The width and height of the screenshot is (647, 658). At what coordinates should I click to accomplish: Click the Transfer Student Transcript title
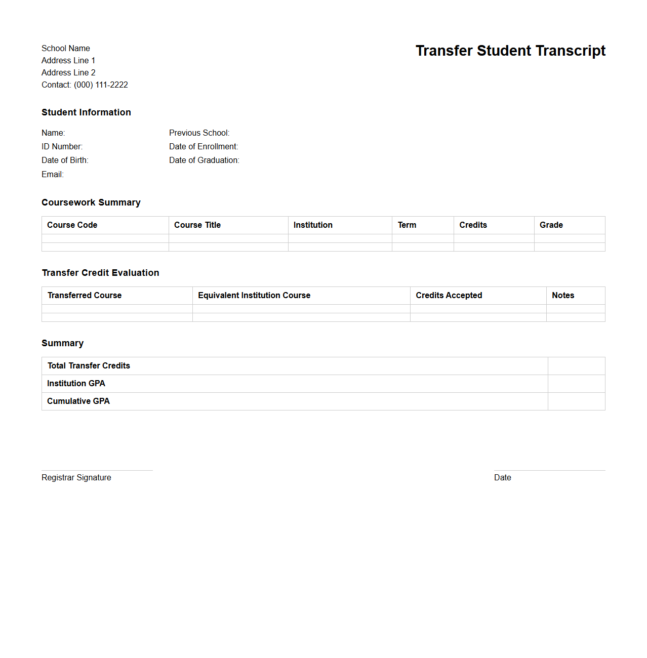[510, 51]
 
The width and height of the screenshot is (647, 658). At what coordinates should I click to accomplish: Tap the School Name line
[66, 49]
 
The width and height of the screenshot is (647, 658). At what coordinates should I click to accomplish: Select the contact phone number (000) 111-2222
[101, 85]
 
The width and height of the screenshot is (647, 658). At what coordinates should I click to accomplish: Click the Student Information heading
[86, 112]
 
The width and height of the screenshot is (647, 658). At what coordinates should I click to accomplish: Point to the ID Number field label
[62, 147]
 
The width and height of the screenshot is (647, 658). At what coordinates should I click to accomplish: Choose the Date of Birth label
[65, 160]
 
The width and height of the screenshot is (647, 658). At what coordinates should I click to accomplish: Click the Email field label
[53, 175]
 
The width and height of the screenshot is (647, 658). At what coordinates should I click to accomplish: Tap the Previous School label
[199, 133]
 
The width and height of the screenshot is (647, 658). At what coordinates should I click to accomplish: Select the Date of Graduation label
[204, 160]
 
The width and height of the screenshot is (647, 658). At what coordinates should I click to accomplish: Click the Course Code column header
[72, 225]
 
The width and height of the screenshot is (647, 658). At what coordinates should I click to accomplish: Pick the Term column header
[407, 225]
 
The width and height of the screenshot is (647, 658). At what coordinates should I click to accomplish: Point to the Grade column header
[551, 225]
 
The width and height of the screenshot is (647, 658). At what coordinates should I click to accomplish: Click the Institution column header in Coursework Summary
[313, 225]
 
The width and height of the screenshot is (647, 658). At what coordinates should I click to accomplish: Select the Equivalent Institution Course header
[254, 296]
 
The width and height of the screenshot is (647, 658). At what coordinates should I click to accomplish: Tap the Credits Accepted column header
[449, 296]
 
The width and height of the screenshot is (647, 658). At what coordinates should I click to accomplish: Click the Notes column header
[563, 296]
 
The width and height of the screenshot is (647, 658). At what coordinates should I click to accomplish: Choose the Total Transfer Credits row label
[89, 366]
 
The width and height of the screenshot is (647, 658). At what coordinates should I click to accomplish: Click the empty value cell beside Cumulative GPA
[576, 401]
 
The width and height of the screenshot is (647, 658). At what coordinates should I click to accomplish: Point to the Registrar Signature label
[76, 478]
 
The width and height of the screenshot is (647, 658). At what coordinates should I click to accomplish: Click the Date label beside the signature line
[503, 478]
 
